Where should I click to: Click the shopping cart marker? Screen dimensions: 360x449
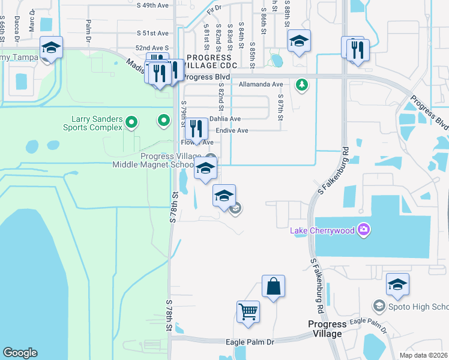pos(248,312)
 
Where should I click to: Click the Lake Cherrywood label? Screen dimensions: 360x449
pos(322,230)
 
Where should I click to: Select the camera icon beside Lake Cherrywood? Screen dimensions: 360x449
pos(363,230)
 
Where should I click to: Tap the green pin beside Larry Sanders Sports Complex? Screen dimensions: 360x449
pos(132,124)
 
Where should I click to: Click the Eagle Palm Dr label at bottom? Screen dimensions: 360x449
pos(250,341)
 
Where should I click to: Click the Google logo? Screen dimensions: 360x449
pos(20,353)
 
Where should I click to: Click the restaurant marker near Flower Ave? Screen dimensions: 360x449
pos(196,128)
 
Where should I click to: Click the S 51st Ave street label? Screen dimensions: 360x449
pos(152,33)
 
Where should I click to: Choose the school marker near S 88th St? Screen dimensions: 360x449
pos(299,41)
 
